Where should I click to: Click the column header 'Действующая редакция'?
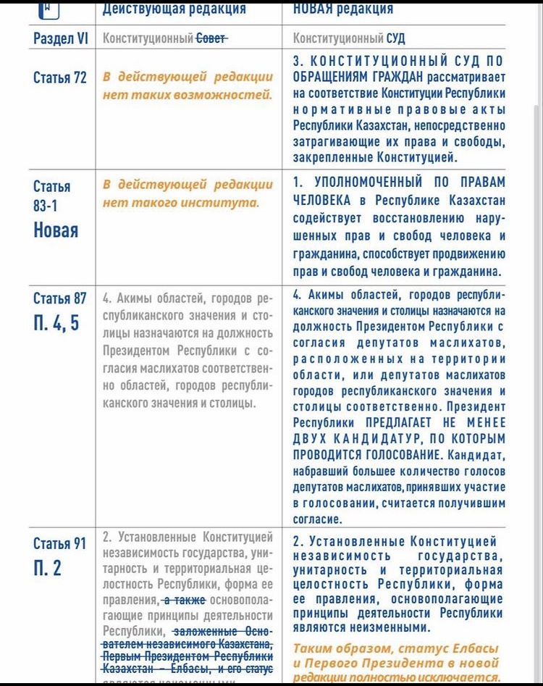(x=174, y=9)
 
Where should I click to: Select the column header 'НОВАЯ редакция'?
(x=343, y=9)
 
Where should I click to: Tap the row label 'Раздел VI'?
(x=60, y=38)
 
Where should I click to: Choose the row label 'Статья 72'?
(x=60, y=78)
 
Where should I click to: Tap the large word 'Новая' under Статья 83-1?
(x=56, y=230)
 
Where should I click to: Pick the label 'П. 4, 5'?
(x=55, y=322)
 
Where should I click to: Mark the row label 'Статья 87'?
(x=60, y=298)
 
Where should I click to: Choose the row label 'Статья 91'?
(x=59, y=543)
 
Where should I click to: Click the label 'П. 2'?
(x=48, y=568)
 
